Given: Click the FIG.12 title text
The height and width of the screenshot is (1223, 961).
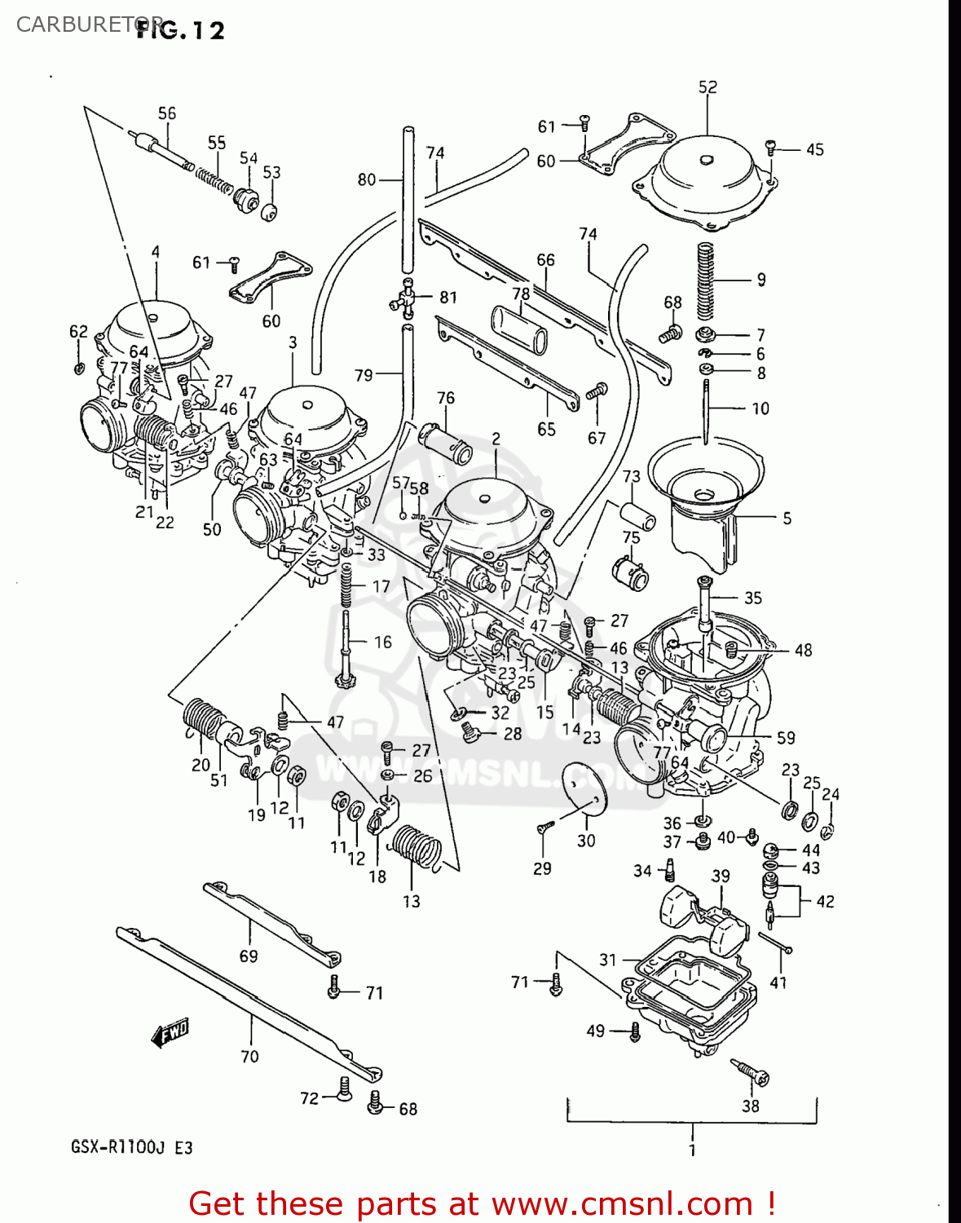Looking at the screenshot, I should click(180, 30).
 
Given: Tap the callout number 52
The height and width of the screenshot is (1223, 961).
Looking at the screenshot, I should click(708, 86).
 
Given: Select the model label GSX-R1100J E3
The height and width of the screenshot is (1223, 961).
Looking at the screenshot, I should click(131, 1147).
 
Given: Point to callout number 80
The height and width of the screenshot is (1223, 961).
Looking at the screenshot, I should click(367, 179).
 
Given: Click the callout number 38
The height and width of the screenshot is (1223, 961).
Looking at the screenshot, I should click(750, 1106).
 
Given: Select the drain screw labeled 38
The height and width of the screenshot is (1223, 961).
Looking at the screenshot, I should click(750, 1072).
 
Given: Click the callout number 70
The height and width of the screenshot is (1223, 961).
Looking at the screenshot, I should click(249, 1056).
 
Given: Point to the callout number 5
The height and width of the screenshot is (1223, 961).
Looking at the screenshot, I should click(787, 518).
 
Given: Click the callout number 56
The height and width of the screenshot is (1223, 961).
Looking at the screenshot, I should click(166, 113).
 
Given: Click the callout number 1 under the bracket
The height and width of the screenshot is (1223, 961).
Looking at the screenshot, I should click(692, 1150).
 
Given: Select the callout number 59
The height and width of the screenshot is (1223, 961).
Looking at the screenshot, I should click(785, 737).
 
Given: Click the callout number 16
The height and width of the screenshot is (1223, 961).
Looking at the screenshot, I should click(382, 642).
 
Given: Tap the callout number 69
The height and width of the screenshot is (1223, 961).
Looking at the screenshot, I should click(249, 956).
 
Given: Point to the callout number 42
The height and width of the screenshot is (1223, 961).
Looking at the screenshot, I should click(825, 901).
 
